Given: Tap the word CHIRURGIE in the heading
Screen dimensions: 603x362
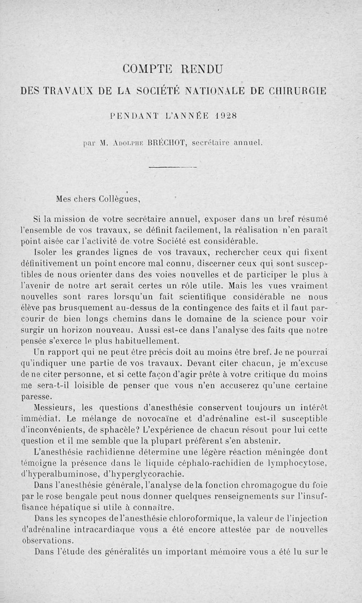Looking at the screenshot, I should tap(292, 90).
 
